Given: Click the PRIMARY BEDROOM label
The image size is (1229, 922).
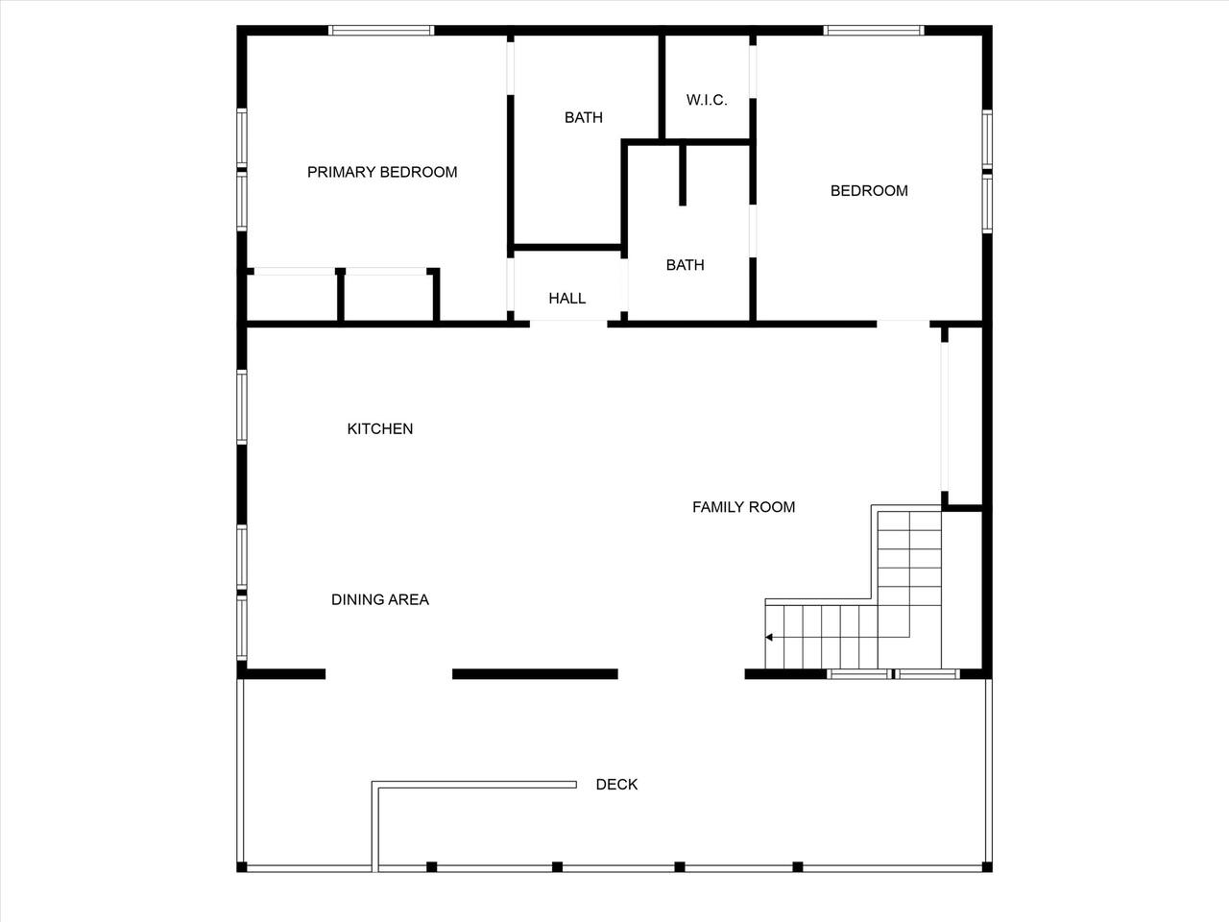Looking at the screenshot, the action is click(x=382, y=172).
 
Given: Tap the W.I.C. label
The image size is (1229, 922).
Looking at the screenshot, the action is click(x=707, y=100).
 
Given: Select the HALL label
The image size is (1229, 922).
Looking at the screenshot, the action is click(x=567, y=299).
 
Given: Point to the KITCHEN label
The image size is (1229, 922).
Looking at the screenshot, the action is click(x=380, y=428).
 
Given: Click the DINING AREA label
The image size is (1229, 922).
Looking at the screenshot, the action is click(x=380, y=599).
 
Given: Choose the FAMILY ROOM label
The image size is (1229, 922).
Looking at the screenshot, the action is click(x=743, y=507).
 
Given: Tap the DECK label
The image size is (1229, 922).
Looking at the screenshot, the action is click(x=616, y=785).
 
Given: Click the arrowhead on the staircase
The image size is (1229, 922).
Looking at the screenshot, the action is click(x=769, y=637).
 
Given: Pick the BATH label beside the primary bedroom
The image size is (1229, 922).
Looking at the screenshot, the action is click(x=584, y=117).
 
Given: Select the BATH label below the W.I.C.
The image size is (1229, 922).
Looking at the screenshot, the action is click(x=686, y=265).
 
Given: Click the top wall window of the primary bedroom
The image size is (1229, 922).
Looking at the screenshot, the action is click(x=381, y=30).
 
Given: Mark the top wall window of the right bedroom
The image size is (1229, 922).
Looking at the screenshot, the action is click(x=874, y=30).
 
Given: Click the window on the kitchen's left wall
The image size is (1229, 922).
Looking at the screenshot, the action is click(x=242, y=407).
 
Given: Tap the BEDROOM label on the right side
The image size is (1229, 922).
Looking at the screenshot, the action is click(x=869, y=191).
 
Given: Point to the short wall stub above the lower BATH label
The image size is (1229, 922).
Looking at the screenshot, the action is click(x=683, y=175).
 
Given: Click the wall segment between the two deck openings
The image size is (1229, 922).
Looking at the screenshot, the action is click(x=535, y=674).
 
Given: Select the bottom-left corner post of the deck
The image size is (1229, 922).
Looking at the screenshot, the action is click(x=242, y=866).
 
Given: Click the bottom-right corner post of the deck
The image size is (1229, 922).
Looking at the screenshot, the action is click(x=987, y=866).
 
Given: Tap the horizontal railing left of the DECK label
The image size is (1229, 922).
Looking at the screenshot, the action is click(x=474, y=785).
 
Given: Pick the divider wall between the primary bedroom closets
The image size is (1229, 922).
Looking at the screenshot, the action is click(x=341, y=295).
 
